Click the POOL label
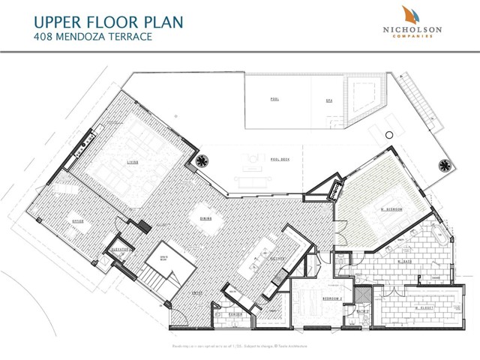(x=274, y=99)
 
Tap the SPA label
(x=328, y=99)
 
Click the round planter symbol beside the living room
(x=202, y=160)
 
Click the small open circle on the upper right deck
(x=388, y=134)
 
